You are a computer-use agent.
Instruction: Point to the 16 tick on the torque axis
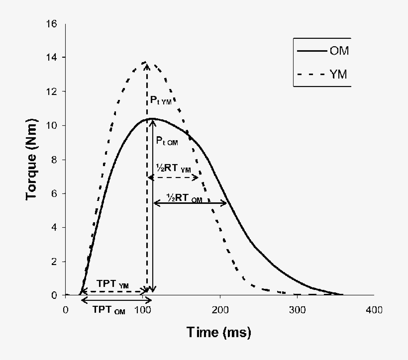click(51, 24)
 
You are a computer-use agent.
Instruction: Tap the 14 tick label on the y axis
click(51, 58)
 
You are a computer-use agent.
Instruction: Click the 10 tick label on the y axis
click(51, 125)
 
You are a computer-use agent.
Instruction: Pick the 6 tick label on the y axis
click(54, 193)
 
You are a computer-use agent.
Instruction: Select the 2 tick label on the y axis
click(54, 262)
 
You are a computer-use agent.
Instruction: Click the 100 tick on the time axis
click(142, 310)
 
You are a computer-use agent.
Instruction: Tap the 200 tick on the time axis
click(219, 310)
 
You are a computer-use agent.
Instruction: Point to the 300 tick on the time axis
click(297, 310)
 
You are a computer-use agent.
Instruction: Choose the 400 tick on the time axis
click(374, 310)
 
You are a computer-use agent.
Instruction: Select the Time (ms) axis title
click(219, 332)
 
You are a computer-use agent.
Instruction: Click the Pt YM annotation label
click(160, 100)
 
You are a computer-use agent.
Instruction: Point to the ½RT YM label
click(172, 169)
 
